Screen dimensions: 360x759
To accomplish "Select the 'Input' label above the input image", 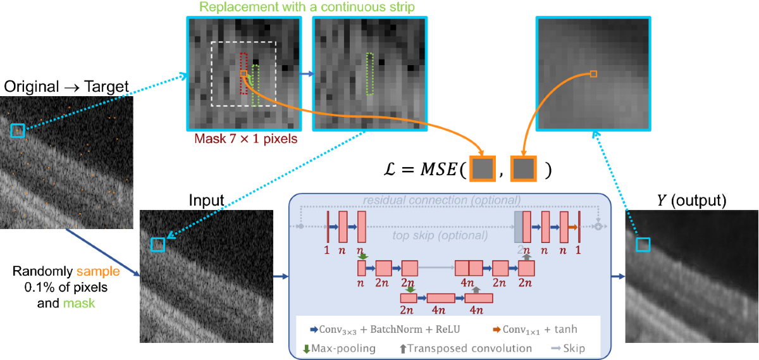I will tap(206, 201).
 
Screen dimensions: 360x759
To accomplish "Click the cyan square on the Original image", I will tap(17, 131).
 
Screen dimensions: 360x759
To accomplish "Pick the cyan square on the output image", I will tap(643, 244).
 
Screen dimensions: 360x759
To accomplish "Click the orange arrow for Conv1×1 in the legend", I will tap(497, 329).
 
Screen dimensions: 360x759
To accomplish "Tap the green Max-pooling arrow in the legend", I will tap(307, 348).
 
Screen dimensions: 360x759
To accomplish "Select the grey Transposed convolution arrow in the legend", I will tap(402, 348).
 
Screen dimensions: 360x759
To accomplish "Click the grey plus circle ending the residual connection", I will tap(598, 227).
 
